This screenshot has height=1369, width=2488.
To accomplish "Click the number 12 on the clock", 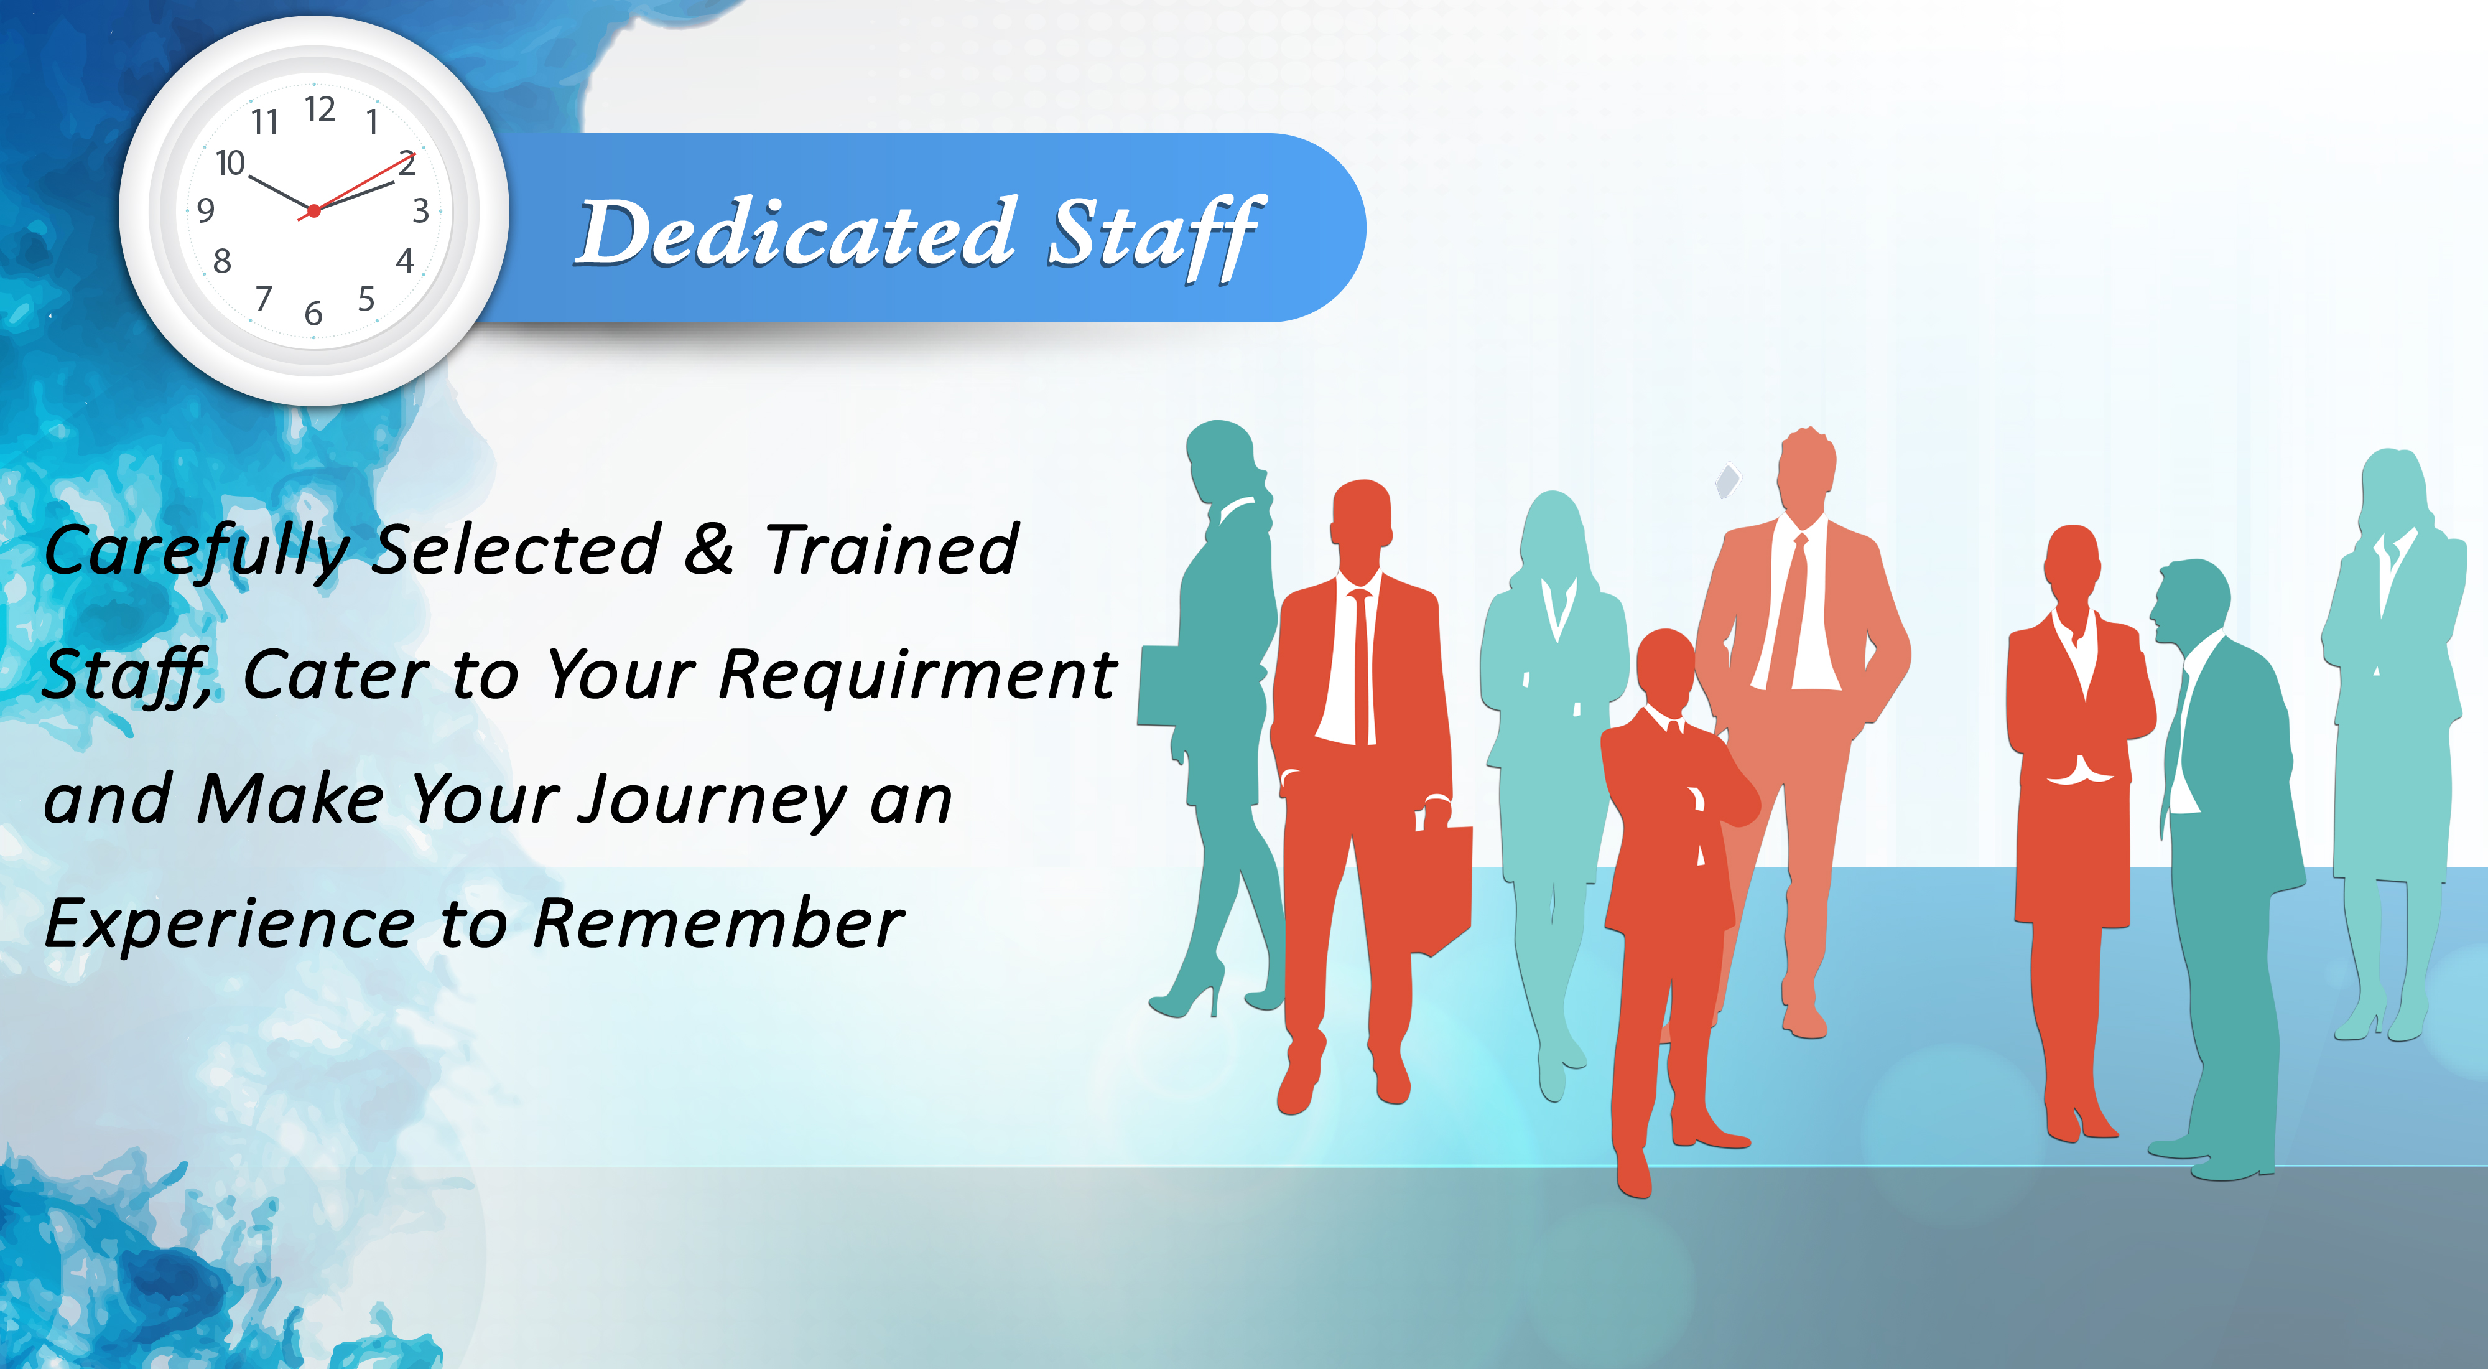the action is click(320, 108).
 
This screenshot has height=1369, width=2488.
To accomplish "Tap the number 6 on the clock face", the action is click(313, 313).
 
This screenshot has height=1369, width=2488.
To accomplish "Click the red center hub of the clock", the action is click(314, 210).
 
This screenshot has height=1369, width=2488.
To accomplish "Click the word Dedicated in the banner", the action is click(797, 232).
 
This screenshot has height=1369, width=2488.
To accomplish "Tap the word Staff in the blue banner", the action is click(1157, 236).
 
